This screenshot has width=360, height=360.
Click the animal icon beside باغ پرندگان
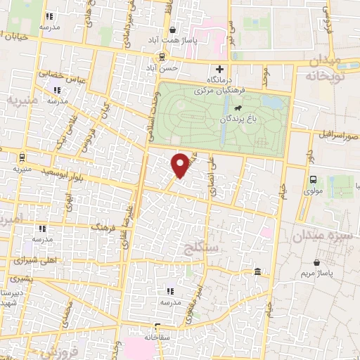pos(239,108)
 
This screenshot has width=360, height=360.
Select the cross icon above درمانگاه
pos(220,69)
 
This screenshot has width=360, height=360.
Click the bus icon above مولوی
pos(313,179)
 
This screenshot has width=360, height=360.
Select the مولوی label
pos(313,190)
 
